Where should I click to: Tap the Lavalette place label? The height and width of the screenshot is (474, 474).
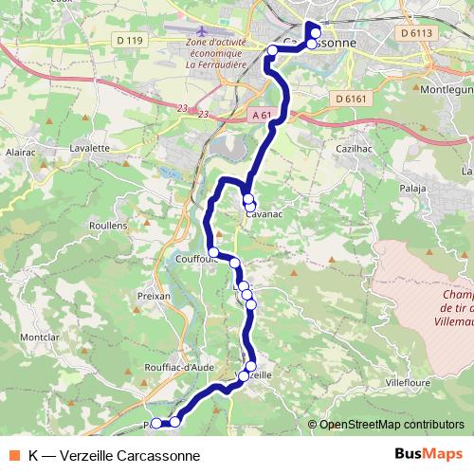click(x=91, y=148)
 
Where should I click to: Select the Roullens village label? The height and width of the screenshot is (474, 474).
click(x=107, y=226)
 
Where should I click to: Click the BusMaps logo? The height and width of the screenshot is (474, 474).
click(x=422, y=455)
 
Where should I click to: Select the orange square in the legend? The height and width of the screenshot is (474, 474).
click(x=15, y=455)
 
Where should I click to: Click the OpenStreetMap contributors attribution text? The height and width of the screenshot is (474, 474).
click(x=392, y=425)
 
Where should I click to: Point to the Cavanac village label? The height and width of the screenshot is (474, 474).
click(x=265, y=214)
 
